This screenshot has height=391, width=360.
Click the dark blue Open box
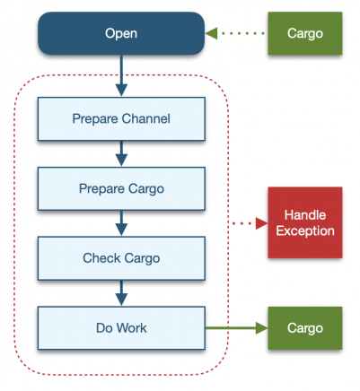coord(121,33)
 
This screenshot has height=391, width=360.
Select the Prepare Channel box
coord(121,118)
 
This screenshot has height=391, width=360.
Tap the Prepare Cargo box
coord(121,188)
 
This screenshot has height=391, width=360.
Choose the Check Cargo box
coord(121,258)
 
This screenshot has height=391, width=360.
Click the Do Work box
coord(121,328)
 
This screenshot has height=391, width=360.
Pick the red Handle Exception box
coord(305,222)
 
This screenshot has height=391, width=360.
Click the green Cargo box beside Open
coord(305,33)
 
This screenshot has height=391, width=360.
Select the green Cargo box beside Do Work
coord(305,328)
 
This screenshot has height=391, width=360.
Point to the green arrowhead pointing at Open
coord(212,33)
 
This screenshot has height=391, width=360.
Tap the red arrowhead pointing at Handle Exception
coord(261,223)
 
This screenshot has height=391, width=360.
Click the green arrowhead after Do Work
coord(261,328)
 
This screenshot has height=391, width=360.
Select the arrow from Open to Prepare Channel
coord(121,76)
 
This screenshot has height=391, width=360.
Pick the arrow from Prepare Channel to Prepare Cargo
coord(121,153)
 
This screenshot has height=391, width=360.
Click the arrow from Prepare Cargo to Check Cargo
coord(121,223)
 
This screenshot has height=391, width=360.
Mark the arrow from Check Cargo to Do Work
coord(121,293)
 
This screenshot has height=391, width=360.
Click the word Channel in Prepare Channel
coord(146,118)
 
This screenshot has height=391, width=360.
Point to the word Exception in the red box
coord(305,231)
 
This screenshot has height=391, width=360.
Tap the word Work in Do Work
coord(132,328)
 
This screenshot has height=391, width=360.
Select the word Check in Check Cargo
coord(101,258)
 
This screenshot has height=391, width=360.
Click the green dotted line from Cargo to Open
coord(243,33)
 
